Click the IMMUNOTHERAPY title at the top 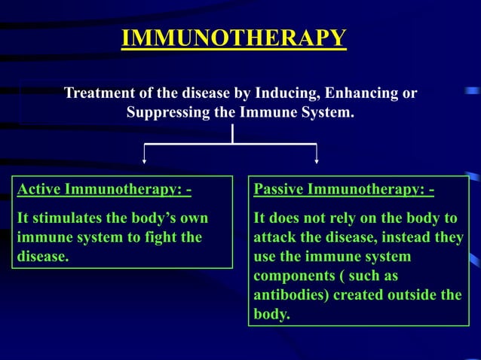click(234, 38)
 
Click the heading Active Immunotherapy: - click(104, 188)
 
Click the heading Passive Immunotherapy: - click(344, 188)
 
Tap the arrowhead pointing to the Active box click(145, 159)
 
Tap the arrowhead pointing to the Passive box click(317, 159)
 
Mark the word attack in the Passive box click(272, 238)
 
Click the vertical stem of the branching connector click(233, 133)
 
